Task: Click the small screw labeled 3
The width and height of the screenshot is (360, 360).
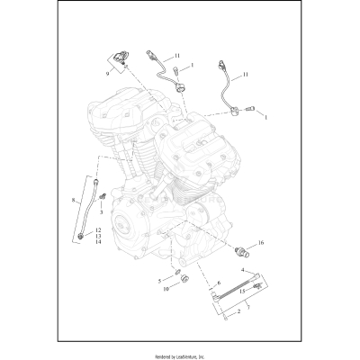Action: (x=104, y=196)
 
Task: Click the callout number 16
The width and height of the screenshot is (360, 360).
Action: (x=261, y=243)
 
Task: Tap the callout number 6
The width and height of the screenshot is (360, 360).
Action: (x=219, y=281)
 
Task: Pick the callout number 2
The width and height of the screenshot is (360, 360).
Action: (x=237, y=311)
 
